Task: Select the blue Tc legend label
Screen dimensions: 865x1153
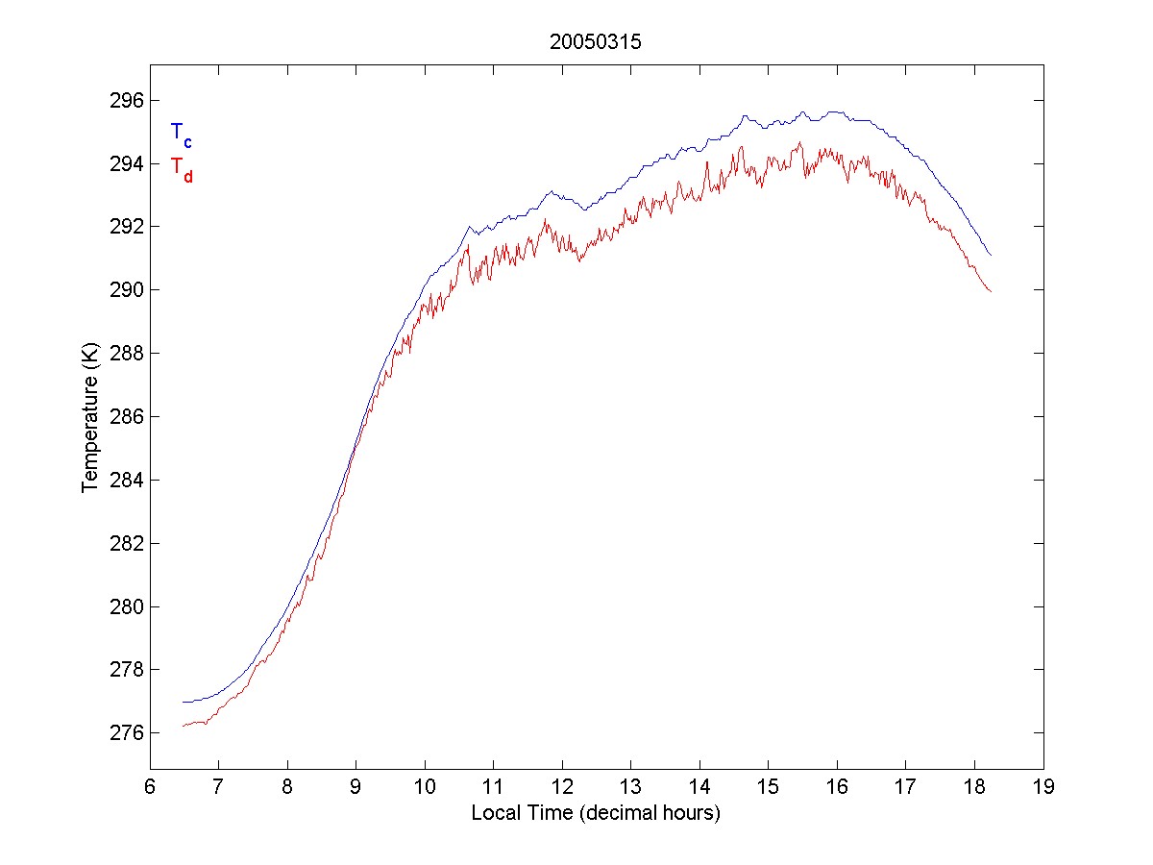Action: pos(181,135)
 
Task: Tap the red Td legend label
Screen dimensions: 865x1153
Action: pos(181,168)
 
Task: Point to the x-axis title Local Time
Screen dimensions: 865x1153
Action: pos(596,813)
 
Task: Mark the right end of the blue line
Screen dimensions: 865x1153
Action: pos(991,256)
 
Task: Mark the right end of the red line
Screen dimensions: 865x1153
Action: pos(991,291)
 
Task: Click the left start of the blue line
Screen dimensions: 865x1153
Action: pos(183,702)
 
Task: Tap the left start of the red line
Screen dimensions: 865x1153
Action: pos(183,726)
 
